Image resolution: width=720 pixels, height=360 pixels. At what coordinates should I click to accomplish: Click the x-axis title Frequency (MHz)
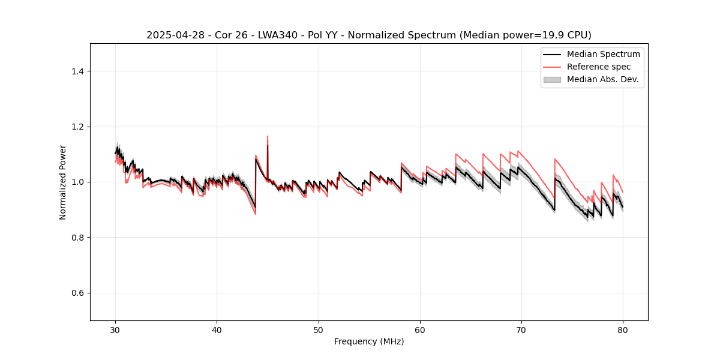pos(369,341)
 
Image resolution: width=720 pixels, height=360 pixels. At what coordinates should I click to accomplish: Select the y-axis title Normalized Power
pos(63,182)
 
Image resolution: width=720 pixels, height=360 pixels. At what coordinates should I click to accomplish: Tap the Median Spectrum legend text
pos(603,54)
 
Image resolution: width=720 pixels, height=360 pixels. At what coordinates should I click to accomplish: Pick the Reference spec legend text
pos(598,67)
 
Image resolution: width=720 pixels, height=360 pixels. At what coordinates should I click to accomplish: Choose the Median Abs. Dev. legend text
pos(602,79)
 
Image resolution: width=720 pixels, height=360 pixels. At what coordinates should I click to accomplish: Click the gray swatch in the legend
pos(552,79)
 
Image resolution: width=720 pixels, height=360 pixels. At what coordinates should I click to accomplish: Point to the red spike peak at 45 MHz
pos(268,136)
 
